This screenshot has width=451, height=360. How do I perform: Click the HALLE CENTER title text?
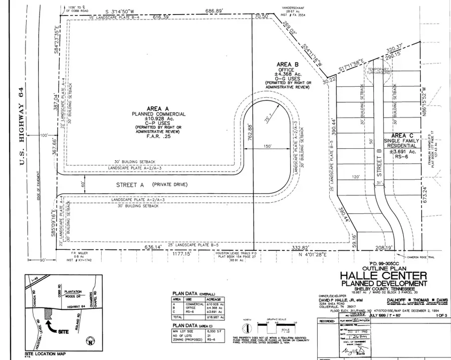click(x=384, y=275)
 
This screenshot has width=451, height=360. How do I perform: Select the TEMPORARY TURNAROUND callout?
click(x=379, y=71)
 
